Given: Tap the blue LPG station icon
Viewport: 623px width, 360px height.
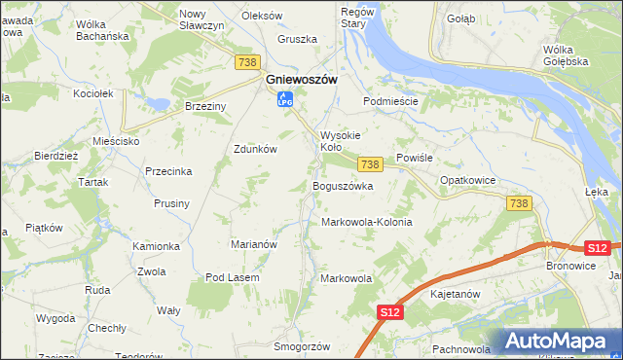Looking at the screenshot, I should (284, 99).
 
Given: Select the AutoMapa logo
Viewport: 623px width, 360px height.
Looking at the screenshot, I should (561, 342).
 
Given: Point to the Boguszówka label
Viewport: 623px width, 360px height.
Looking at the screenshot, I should (343, 186).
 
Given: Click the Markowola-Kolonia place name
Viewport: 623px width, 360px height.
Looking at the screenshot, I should (367, 222).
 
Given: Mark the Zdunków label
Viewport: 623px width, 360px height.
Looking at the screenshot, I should (256, 149).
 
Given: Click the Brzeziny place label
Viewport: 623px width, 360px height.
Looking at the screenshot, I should (205, 107).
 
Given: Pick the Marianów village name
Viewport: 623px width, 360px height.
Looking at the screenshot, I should (253, 244).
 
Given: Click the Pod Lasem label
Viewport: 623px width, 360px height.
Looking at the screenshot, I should (231, 277).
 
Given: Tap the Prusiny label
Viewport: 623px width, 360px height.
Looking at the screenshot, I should (170, 203).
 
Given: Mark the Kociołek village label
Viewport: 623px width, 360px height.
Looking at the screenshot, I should (94, 93).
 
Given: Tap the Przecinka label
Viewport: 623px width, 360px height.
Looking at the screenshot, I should (168, 170).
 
